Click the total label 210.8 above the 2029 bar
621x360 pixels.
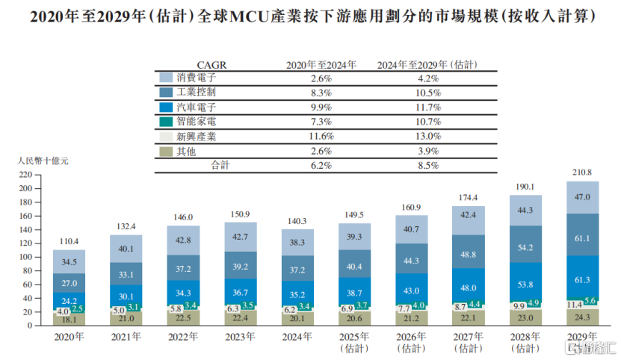tap(582, 173)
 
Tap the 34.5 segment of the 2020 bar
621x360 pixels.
tap(69, 262)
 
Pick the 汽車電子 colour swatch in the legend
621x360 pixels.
tap(165, 107)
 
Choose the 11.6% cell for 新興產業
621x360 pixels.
tap(321, 136)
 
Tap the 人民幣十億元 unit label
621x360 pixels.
tap(42, 161)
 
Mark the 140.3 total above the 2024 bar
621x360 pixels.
tap(297, 221)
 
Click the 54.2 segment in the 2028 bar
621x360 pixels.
tap(525, 247)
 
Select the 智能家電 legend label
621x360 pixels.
tap(196, 122)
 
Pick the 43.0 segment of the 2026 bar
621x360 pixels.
tap(412, 290)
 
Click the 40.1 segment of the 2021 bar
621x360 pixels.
tap(126, 249)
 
